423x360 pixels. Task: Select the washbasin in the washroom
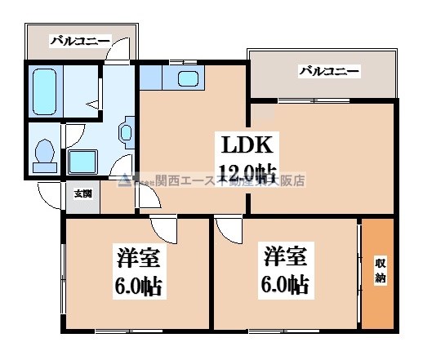point(127,132)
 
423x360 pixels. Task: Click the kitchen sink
point(188,79)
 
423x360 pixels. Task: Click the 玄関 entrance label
point(82,193)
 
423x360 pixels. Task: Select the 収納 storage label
point(381,270)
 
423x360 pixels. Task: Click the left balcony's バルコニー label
point(78,39)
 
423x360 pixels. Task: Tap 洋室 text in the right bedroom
point(285,257)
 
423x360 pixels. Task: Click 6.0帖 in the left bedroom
point(136,286)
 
